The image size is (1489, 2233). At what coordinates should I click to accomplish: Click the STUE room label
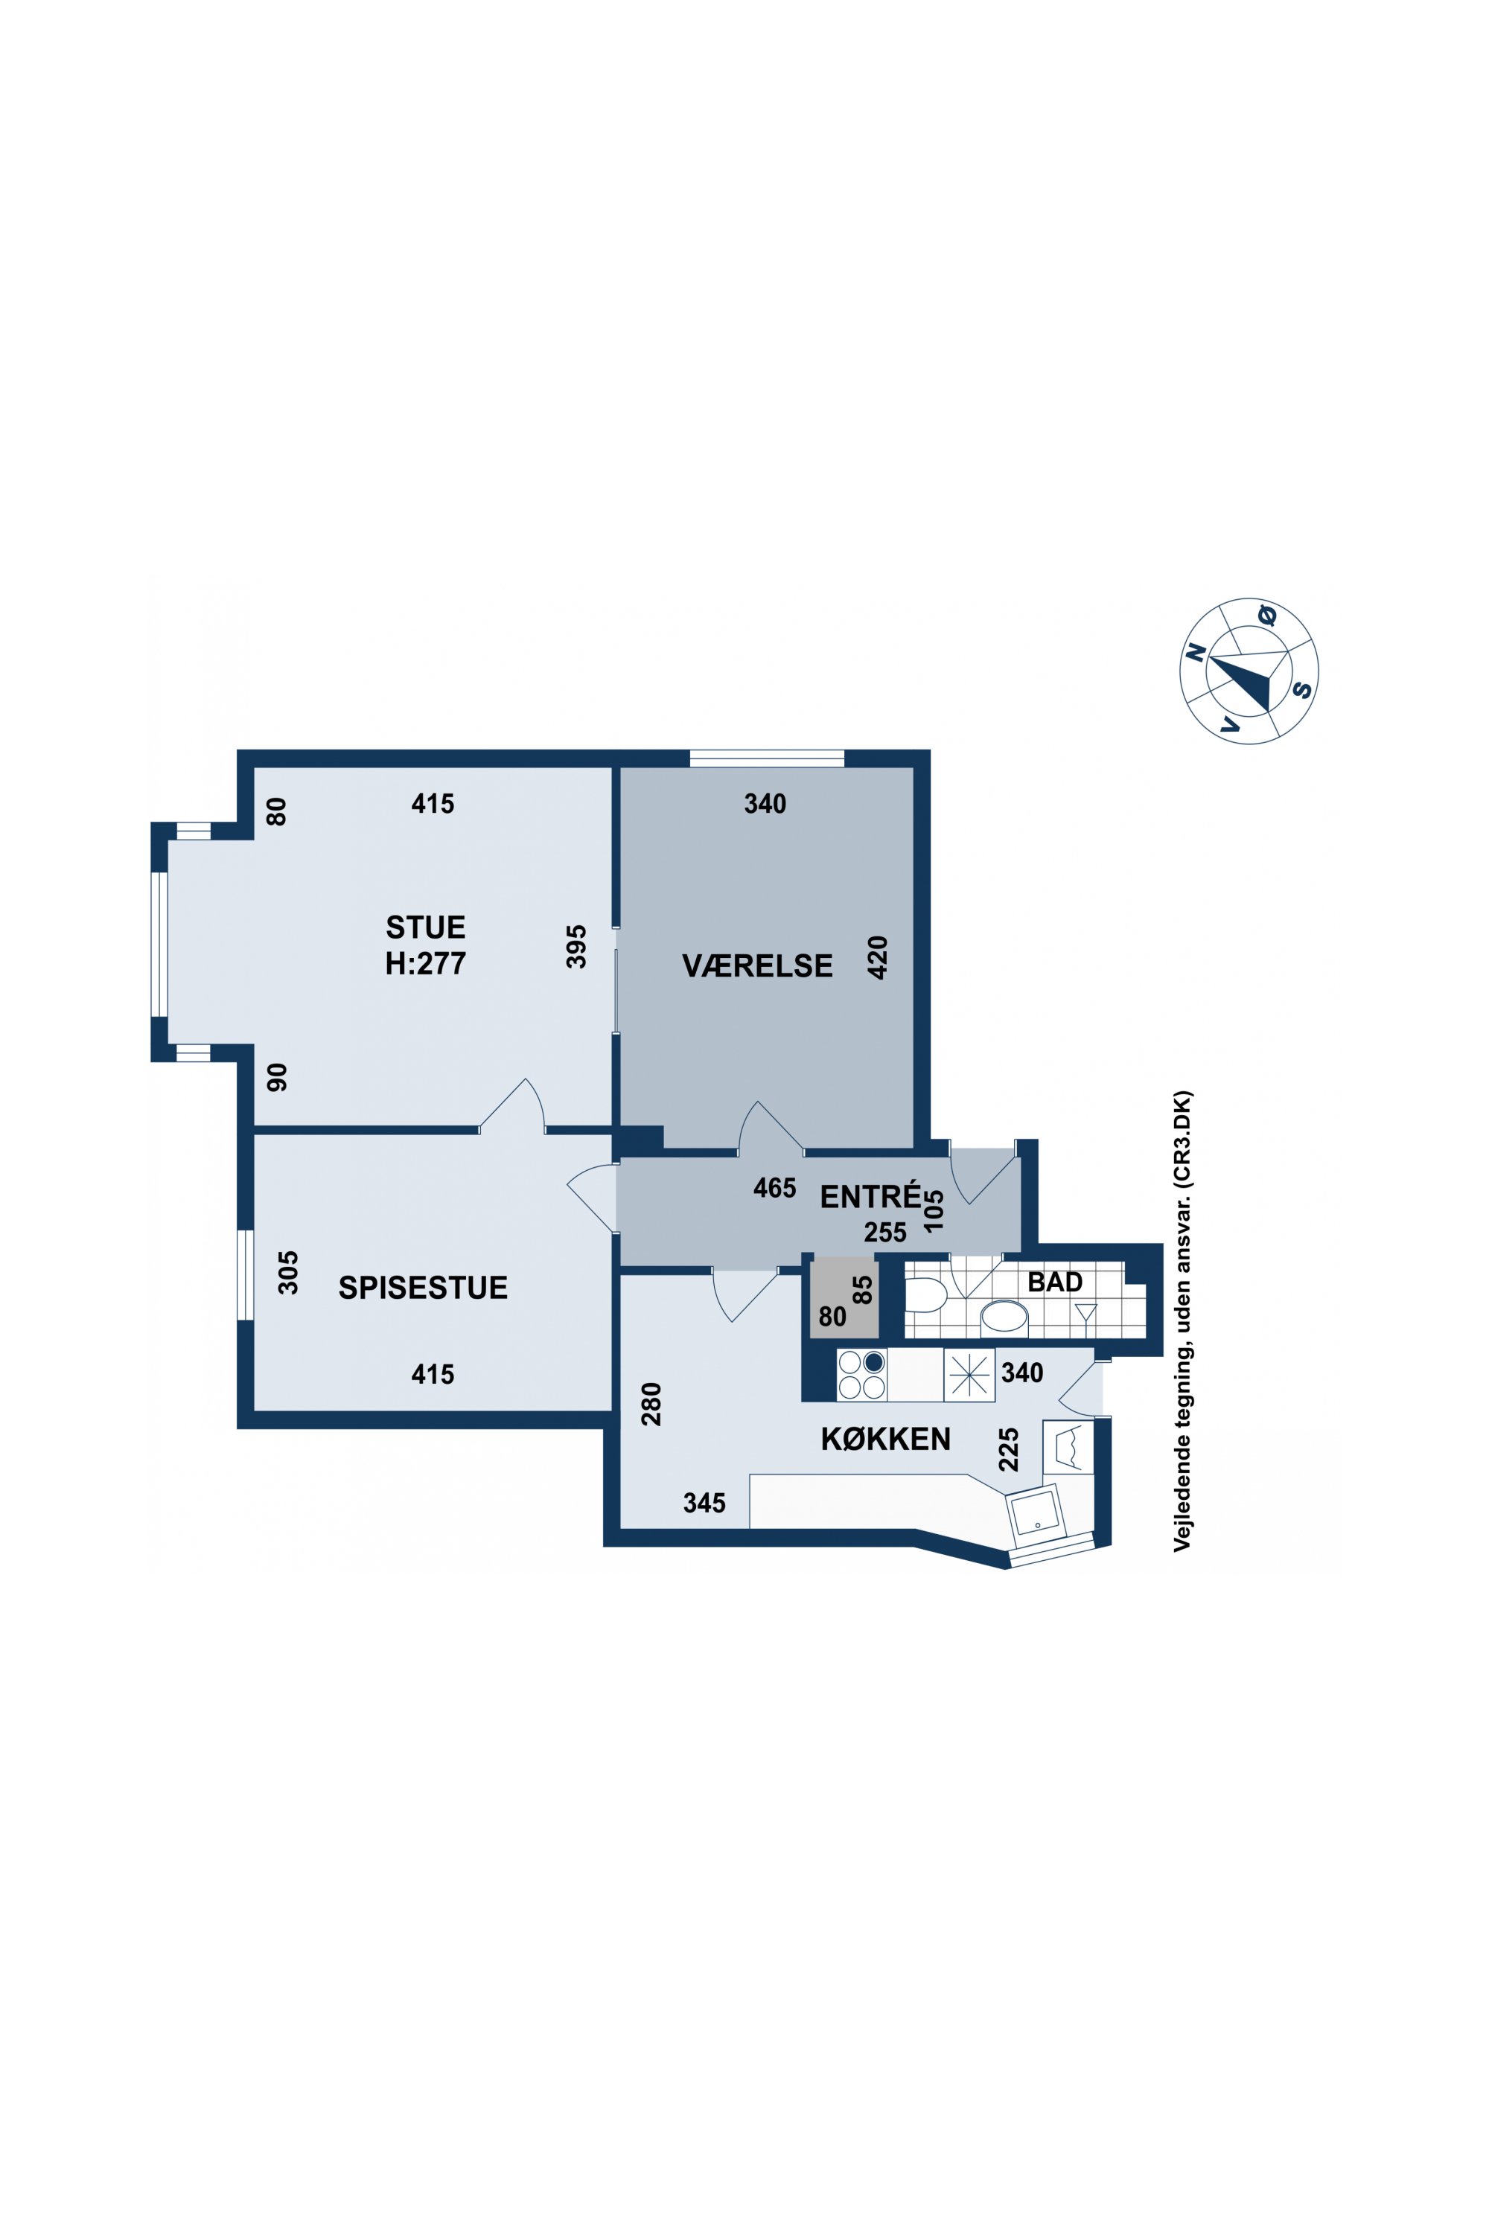point(425,927)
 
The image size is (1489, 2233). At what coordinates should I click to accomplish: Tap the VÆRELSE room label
point(757,965)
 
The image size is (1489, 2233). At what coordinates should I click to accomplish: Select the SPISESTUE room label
point(423,1288)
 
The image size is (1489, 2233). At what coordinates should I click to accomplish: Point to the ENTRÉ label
point(870,1195)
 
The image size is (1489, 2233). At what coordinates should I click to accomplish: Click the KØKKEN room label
point(885,1440)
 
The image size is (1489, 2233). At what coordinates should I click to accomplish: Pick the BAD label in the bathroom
point(1055,1282)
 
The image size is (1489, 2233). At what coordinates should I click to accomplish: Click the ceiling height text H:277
point(425,964)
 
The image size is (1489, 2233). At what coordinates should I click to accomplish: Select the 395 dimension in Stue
point(576,947)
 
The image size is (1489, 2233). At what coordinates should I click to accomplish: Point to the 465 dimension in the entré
point(775,1188)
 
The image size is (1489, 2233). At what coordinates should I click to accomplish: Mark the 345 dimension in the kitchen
point(704,1503)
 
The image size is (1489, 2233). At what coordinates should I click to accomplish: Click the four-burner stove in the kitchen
point(861,1375)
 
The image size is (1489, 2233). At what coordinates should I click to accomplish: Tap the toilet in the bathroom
point(925,1294)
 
